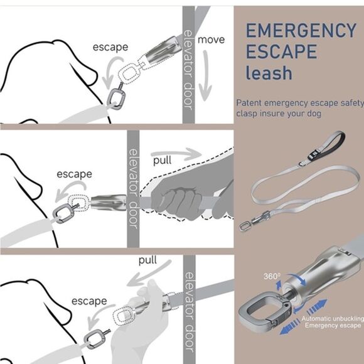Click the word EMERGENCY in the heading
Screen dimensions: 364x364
pyautogui.click(x=300, y=30)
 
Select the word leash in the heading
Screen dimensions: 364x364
pyautogui.click(x=269, y=73)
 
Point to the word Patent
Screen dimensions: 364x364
pyautogui.click(x=250, y=103)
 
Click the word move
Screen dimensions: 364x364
pyautogui.click(x=211, y=40)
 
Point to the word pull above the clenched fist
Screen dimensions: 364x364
pyautogui.click(x=162, y=160)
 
